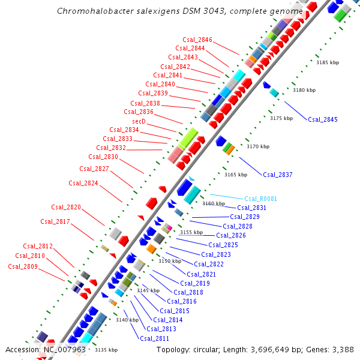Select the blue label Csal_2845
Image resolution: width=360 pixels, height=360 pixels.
tap(323, 119)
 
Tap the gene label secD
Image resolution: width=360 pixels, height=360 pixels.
tap(139, 121)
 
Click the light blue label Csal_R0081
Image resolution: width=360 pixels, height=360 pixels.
tap(260, 199)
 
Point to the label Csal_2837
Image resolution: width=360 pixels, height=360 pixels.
tap(278, 175)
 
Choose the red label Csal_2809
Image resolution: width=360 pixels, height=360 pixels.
tap(23, 266)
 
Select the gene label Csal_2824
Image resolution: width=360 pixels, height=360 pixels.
tap(83, 183)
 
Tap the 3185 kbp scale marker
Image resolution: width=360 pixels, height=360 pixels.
tap(328, 62)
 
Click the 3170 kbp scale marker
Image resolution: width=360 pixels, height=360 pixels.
tap(258, 146)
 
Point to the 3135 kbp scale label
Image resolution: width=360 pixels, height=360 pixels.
tap(106, 350)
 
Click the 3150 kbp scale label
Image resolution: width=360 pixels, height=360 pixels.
tap(169, 261)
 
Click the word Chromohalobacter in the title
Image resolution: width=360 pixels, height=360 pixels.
tap(97, 11)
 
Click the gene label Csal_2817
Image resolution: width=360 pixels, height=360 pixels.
tap(55, 221)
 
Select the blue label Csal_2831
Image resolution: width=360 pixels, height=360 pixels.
tap(252, 208)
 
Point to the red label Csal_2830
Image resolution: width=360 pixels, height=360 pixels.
tap(103, 157)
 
